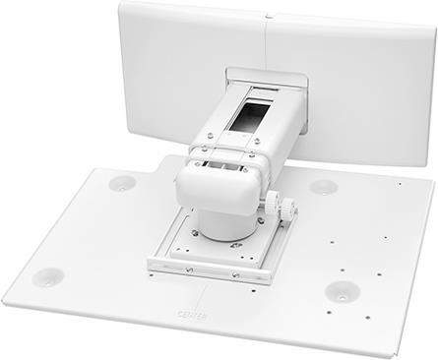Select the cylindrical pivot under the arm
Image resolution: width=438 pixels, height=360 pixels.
(x=225, y=221)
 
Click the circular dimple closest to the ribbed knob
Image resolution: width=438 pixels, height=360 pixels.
(x=324, y=187)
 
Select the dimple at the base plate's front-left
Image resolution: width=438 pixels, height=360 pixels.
(x=46, y=276)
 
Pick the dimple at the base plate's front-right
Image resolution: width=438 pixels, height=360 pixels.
(x=341, y=292)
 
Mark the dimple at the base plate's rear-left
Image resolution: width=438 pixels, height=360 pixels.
(x=122, y=182)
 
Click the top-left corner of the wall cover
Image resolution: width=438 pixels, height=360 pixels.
(x=123, y=6)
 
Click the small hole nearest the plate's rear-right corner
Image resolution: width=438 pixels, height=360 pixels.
(x=401, y=183)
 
